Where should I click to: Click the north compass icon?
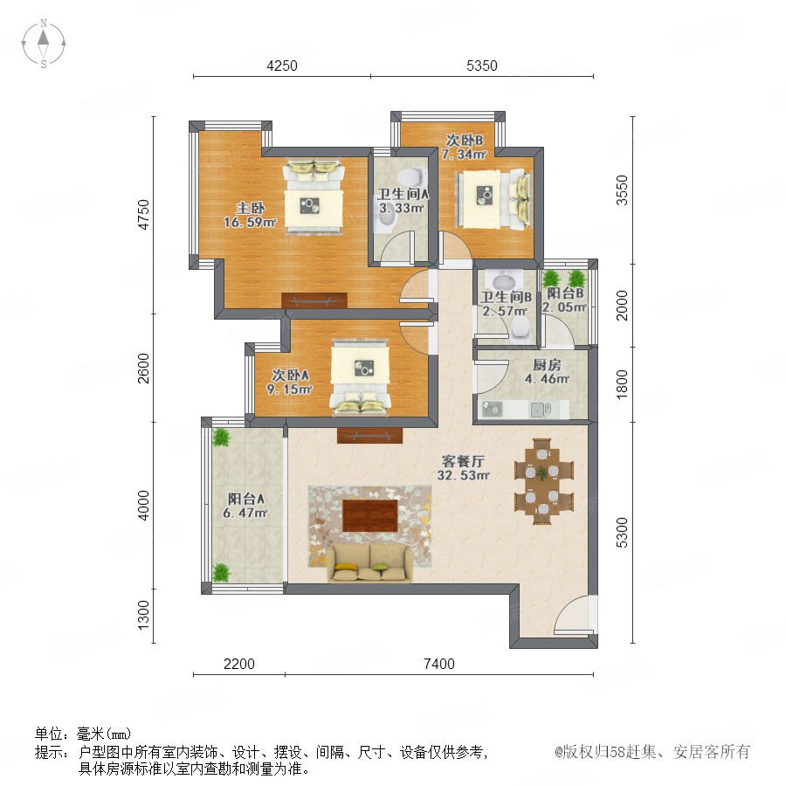44,44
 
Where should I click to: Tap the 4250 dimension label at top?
282,65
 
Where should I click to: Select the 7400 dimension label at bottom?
439,664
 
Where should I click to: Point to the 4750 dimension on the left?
143,215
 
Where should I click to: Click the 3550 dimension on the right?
622,190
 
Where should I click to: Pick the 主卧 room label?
251,208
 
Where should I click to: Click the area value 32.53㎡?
463,475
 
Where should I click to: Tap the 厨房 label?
547,364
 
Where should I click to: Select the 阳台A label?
245,499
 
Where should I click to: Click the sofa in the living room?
369,563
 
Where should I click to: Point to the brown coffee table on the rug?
370,515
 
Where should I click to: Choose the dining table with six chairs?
543,481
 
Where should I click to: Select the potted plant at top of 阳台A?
221,438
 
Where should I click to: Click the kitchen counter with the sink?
524,410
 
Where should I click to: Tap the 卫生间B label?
507,297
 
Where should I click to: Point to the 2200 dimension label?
239,664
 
